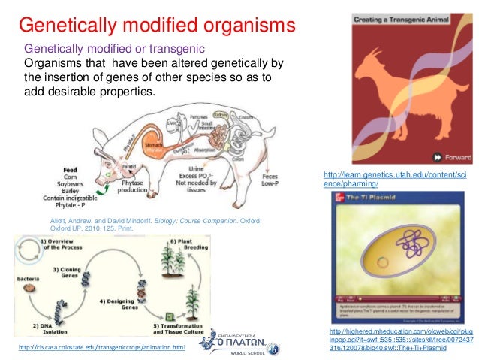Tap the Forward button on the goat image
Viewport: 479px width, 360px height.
tap(450, 156)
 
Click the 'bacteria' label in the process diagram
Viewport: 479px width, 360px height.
tap(29, 278)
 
